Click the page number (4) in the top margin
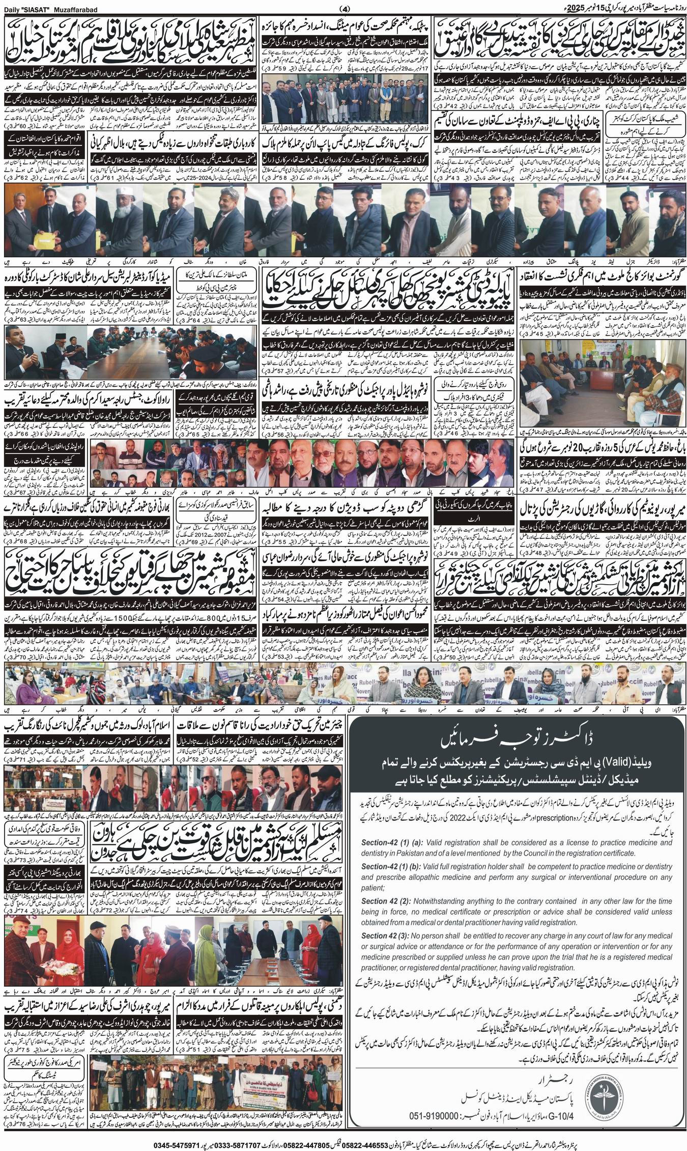coord(345,8)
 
